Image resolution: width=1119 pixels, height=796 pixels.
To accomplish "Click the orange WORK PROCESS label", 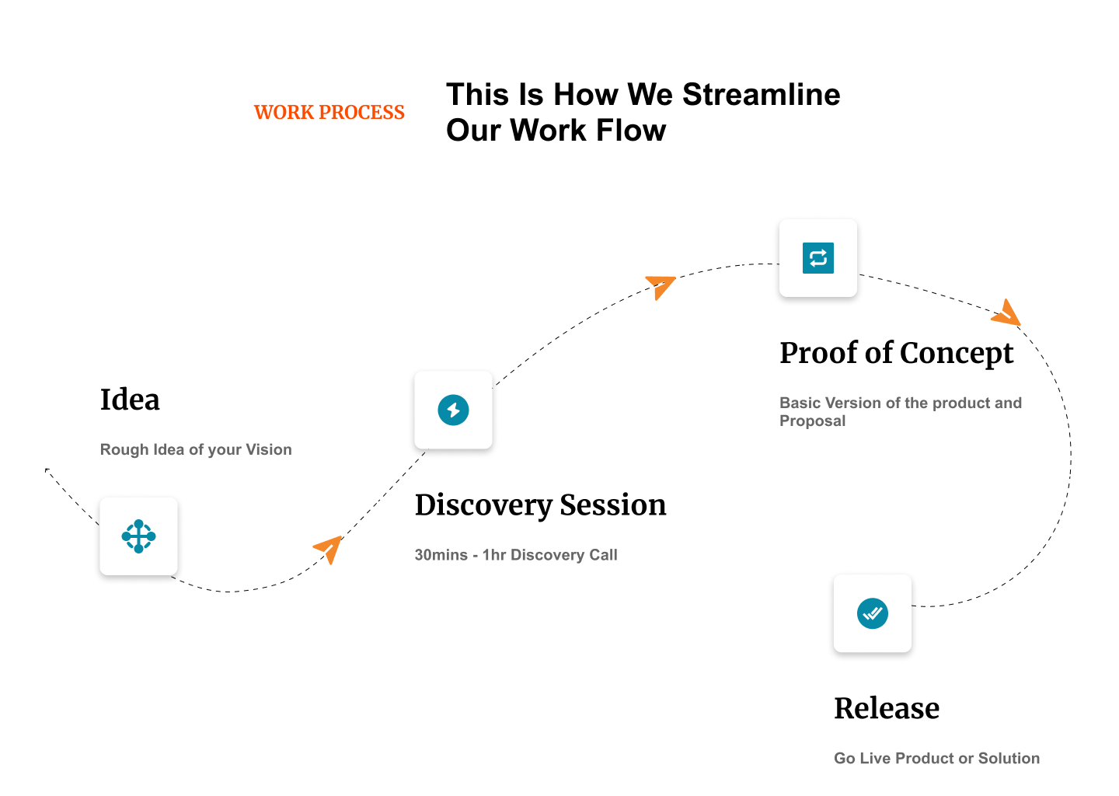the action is [329, 113].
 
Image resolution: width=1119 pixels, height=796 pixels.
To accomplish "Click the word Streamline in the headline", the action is [762, 94].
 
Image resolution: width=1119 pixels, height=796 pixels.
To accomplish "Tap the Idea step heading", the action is [130, 400].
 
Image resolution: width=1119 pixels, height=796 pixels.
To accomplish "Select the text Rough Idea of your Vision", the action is [196, 450].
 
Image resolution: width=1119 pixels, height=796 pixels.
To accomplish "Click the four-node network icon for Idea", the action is [139, 536].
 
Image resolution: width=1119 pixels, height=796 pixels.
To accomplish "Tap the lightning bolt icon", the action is [453, 410].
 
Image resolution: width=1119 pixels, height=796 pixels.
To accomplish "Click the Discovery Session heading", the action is [541, 506].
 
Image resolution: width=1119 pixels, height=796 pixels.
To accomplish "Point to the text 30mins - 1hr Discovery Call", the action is [516, 555].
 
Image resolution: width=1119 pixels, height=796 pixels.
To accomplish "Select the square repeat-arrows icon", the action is [818, 258].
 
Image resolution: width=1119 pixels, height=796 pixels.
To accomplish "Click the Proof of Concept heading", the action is [897, 354].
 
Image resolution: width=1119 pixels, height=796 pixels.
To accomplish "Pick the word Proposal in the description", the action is [813, 421].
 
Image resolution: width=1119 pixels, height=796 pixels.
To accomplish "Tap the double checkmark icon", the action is [873, 613].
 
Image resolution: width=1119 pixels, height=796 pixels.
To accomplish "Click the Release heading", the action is [887, 708].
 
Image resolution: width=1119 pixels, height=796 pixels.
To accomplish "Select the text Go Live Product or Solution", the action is [936, 759].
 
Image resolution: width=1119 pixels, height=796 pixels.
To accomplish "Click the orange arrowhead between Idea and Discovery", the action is [330, 549].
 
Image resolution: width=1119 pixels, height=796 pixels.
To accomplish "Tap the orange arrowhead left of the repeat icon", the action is [661, 287].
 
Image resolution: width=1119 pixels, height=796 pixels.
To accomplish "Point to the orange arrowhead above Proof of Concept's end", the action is [1007, 314].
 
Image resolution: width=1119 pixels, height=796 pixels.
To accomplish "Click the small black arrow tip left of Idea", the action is [47, 470].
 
